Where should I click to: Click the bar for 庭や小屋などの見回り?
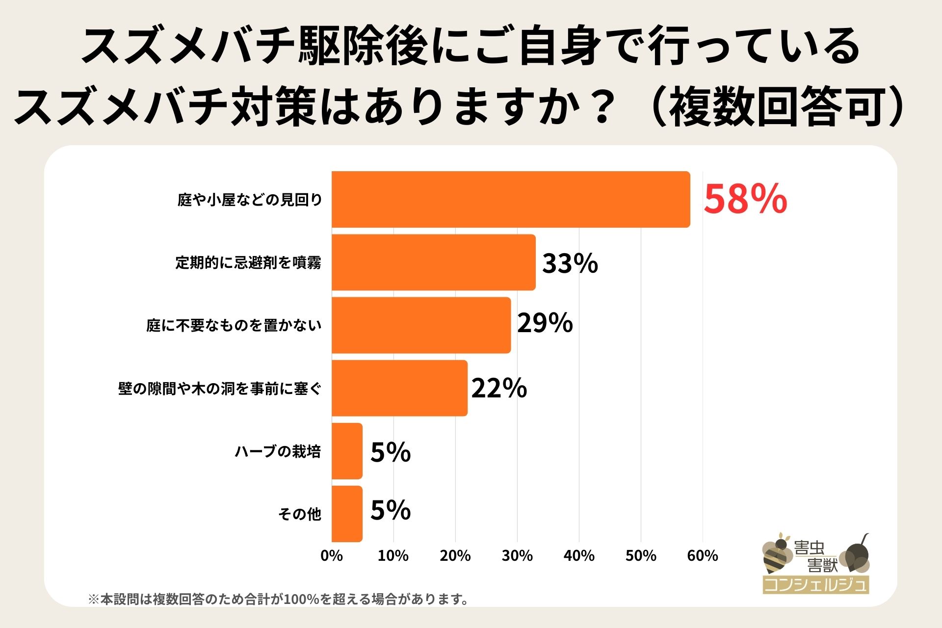510,199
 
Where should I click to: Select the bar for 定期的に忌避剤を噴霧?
433,262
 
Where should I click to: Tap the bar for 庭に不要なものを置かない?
421,325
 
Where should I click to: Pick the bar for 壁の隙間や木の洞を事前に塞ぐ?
399,388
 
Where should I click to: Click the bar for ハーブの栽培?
347,451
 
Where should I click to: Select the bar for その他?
347,514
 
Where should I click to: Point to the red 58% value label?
745,199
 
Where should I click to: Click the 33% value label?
570,263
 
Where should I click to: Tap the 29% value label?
545,323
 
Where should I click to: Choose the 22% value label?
499,388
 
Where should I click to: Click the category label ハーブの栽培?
278,451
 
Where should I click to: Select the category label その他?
299,514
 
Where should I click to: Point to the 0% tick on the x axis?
332,556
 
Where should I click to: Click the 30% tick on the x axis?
517,556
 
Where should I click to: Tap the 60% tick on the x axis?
703,556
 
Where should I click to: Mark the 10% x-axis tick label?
393,556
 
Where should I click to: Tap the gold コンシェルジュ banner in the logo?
815,585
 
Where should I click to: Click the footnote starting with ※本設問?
278,599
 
